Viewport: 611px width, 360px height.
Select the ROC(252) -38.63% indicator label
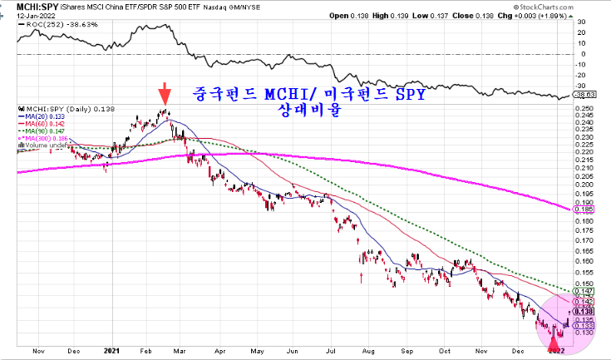[51, 26]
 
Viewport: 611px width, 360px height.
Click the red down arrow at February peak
[165, 91]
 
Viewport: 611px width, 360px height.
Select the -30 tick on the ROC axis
[584, 85]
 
